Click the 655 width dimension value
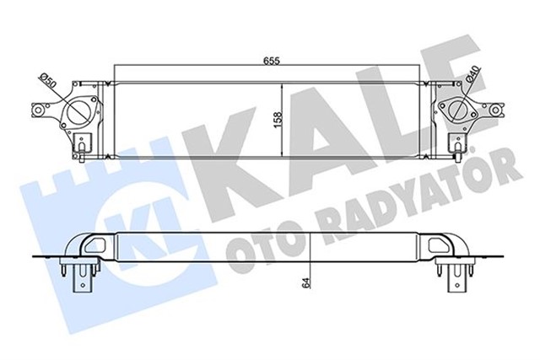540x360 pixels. [270, 61]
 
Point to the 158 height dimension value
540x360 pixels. [277, 119]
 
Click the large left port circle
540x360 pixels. [82, 113]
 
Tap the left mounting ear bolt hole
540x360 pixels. [38, 110]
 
